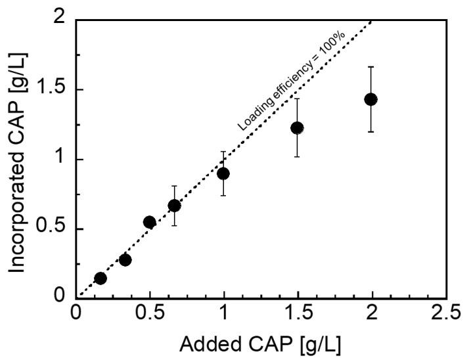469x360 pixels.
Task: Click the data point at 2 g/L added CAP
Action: click(370, 99)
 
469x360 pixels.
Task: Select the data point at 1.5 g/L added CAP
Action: click(297, 128)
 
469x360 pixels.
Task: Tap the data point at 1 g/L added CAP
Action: click(223, 173)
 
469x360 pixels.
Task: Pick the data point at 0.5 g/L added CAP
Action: click(149, 222)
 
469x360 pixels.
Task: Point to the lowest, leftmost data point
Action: click(100, 278)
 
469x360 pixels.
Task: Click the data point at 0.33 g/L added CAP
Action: click(125, 259)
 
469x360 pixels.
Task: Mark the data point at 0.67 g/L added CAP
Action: click(174, 206)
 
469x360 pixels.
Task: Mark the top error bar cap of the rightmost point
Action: click(370, 67)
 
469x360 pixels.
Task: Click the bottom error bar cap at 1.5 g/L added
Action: click(297, 156)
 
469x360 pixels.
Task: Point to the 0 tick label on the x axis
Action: click(76, 313)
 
